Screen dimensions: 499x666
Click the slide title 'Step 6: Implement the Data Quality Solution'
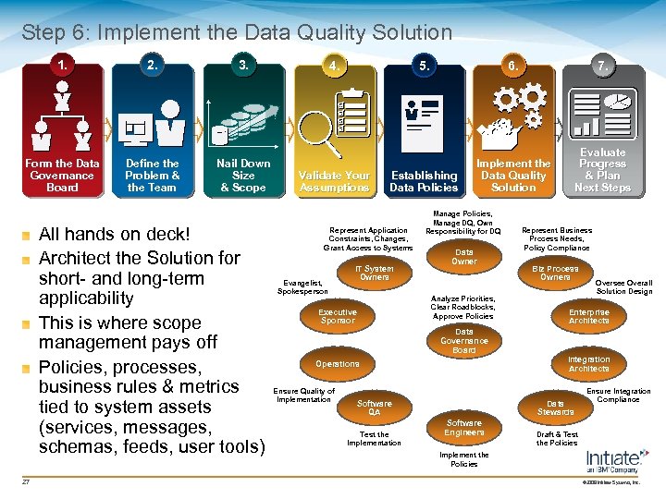(237, 33)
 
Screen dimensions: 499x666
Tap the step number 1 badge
(62, 66)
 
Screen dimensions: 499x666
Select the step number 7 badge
(602, 67)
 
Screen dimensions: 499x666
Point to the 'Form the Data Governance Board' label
(62, 176)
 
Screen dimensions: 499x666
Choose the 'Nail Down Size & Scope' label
(243, 176)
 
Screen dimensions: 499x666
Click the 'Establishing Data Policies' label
(424, 181)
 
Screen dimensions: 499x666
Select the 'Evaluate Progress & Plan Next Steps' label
(602, 170)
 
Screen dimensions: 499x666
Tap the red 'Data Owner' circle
(464, 257)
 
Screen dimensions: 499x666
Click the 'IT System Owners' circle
(375, 274)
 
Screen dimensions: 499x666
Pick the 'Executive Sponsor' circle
(338, 317)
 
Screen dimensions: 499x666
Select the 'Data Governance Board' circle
(464, 341)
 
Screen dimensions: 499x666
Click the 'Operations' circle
(338, 364)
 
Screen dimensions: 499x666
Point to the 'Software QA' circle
(375, 408)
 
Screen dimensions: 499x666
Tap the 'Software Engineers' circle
(464, 427)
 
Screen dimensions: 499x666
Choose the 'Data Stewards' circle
(555, 408)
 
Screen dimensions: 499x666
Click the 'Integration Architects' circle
(589, 364)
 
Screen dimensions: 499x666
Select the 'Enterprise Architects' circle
(589, 317)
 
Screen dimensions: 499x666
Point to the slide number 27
(27, 481)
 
